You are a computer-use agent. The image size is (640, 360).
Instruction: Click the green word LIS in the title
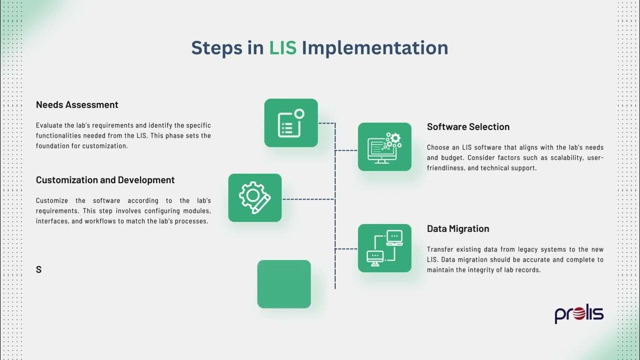(282, 47)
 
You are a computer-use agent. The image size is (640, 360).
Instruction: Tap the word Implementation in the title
(374, 47)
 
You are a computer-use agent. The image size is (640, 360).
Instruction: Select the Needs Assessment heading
(77, 104)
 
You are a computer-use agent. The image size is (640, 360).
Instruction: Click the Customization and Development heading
(105, 180)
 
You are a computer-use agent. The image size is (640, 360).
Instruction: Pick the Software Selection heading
(468, 126)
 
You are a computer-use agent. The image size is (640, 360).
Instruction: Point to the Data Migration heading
(457, 228)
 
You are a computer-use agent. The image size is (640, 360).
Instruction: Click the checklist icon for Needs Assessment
(290, 123)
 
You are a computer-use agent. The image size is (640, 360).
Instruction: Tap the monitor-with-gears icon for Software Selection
(384, 147)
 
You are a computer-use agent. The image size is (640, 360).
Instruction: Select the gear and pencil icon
(254, 198)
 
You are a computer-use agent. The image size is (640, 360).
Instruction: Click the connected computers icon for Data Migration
(384, 248)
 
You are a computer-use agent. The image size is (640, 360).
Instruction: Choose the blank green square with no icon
(284, 284)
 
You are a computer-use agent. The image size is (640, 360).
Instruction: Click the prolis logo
(579, 314)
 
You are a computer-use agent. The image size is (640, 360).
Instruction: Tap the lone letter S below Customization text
(38, 269)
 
